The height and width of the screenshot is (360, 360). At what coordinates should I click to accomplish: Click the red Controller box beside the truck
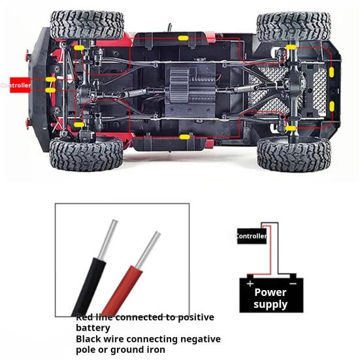pyautogui.click(x=20, y=85)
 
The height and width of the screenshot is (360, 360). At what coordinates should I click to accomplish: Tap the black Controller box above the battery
pyautogui.click(x=252, y=236)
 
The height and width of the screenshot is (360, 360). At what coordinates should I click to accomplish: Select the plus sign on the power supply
pyautogui.click(x=250, y=284)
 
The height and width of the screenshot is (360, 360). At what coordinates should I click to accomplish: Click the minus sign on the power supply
pyautogui.click(x=293, y=284)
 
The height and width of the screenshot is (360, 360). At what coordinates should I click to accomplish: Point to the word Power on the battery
pyautogui.click(x=270, y=292)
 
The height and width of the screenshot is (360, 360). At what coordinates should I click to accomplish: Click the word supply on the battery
pyautogui.click(x=270, y=304)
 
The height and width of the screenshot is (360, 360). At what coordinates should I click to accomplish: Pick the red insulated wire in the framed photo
pyautogui.click(x=122, y=290)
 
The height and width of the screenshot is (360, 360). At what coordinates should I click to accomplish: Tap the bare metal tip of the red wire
pyautogui.click(x=148, y=250)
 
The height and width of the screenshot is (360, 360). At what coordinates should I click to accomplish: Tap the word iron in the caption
pyautogui.click(x=155, y=350)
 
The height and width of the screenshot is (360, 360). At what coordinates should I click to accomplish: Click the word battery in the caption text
pyautogui.click(x=93, y=328)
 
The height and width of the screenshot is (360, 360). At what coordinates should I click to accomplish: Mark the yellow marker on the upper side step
pyautogui.click(x=183, y=38)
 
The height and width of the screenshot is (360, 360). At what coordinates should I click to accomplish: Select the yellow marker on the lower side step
pyautogui.click(x=185, y=137)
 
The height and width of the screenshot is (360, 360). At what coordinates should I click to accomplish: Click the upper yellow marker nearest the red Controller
pyautogui.click(x=51, y=80)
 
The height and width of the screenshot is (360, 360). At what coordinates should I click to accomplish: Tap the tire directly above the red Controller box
pyautogui.click(x=87, y=25)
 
